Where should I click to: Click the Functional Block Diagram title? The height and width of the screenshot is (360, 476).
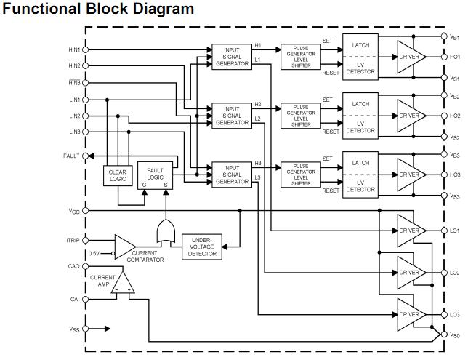98,9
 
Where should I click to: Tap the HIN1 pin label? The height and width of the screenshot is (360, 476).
74,49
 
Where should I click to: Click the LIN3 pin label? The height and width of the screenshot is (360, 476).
74,132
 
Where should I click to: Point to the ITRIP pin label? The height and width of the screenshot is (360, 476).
73,240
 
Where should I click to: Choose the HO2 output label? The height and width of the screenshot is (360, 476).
455,116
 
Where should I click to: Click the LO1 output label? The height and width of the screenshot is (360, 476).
455,231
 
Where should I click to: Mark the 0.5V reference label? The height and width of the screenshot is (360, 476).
94,253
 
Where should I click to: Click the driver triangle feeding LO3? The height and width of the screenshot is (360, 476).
409,314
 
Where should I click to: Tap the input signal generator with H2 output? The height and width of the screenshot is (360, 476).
231,116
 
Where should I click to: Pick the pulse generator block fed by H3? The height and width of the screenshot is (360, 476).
300,175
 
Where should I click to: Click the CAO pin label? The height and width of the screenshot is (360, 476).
73,266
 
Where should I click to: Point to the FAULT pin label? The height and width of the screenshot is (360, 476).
71,156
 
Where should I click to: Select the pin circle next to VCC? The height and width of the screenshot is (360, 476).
86,211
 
